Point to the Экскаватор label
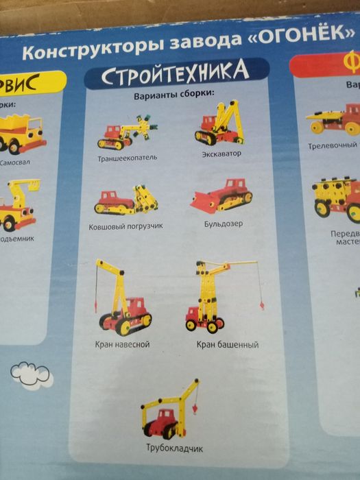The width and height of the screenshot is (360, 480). point(222,153)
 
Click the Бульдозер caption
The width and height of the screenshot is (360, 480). point(224,224)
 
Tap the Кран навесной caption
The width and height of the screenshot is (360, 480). point(123,344)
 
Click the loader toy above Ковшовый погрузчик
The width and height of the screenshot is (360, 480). point(126,200)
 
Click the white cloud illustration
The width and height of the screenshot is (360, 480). point(28,372)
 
